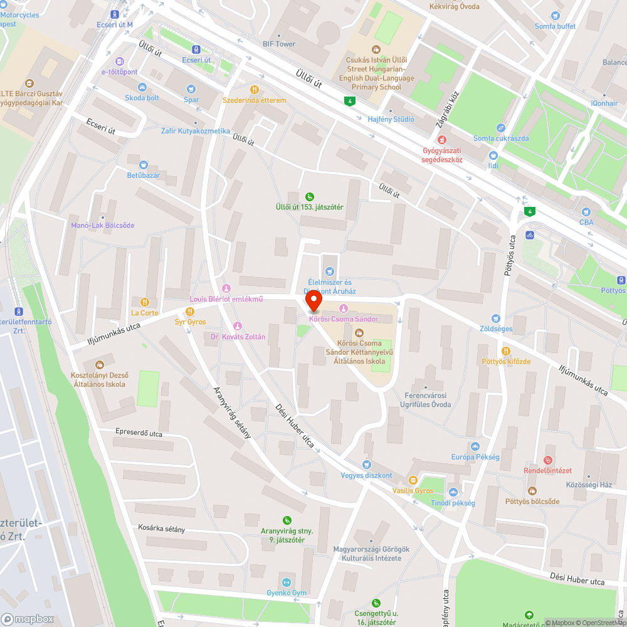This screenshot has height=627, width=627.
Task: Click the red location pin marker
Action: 313,302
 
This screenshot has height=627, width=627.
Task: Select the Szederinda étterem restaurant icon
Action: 255,90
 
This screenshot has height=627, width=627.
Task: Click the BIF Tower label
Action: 279,44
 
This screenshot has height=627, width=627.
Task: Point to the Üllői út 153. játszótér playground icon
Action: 310,196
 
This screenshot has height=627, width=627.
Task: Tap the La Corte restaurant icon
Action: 145,302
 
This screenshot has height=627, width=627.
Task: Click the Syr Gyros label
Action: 190,322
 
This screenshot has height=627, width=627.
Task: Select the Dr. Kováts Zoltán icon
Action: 237,325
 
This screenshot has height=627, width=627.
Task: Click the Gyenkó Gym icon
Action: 287,582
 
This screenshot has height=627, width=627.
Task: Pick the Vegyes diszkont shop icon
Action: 366,465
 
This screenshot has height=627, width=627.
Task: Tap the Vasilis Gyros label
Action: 413,490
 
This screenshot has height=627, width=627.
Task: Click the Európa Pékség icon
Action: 474,446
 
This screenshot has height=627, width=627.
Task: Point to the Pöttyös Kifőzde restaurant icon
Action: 506,350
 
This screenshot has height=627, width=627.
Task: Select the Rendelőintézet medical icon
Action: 548,460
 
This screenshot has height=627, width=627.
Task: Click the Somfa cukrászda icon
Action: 500,127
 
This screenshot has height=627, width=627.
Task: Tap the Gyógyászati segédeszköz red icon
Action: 443,139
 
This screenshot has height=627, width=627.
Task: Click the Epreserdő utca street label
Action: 139,433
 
